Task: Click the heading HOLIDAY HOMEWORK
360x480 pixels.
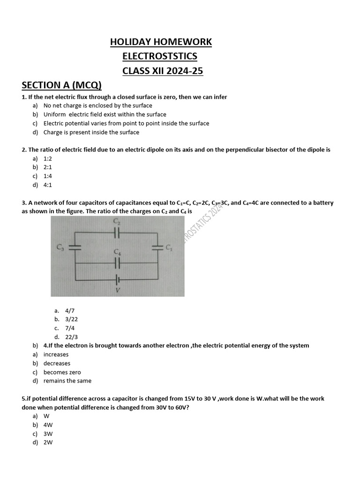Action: tap(161, 42)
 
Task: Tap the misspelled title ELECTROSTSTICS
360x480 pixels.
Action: tap(159, 56)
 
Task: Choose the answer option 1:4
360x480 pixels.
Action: tap(48, 176)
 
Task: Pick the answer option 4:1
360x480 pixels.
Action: tap(48, 185)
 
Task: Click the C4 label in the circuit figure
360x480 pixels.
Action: tap(117, 252)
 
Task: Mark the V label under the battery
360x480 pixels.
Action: tap(118, 290)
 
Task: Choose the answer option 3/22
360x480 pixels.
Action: tap(72, 319)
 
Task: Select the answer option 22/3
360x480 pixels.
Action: tap(72, 337)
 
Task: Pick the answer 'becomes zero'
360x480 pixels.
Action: tap(59, 372)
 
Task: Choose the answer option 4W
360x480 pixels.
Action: tap(48, 425)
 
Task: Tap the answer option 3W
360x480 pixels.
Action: tap(48, 434)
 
